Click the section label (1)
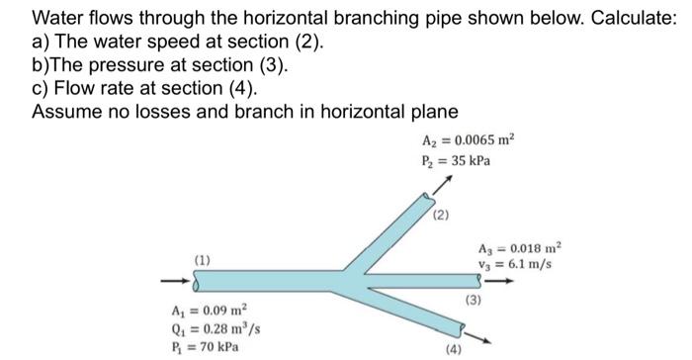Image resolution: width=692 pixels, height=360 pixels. click(x=202, y=259)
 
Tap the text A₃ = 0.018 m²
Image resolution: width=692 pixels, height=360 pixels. click(x=517, y=248)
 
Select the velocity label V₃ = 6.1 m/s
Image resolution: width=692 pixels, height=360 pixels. click(x=514, y=265)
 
